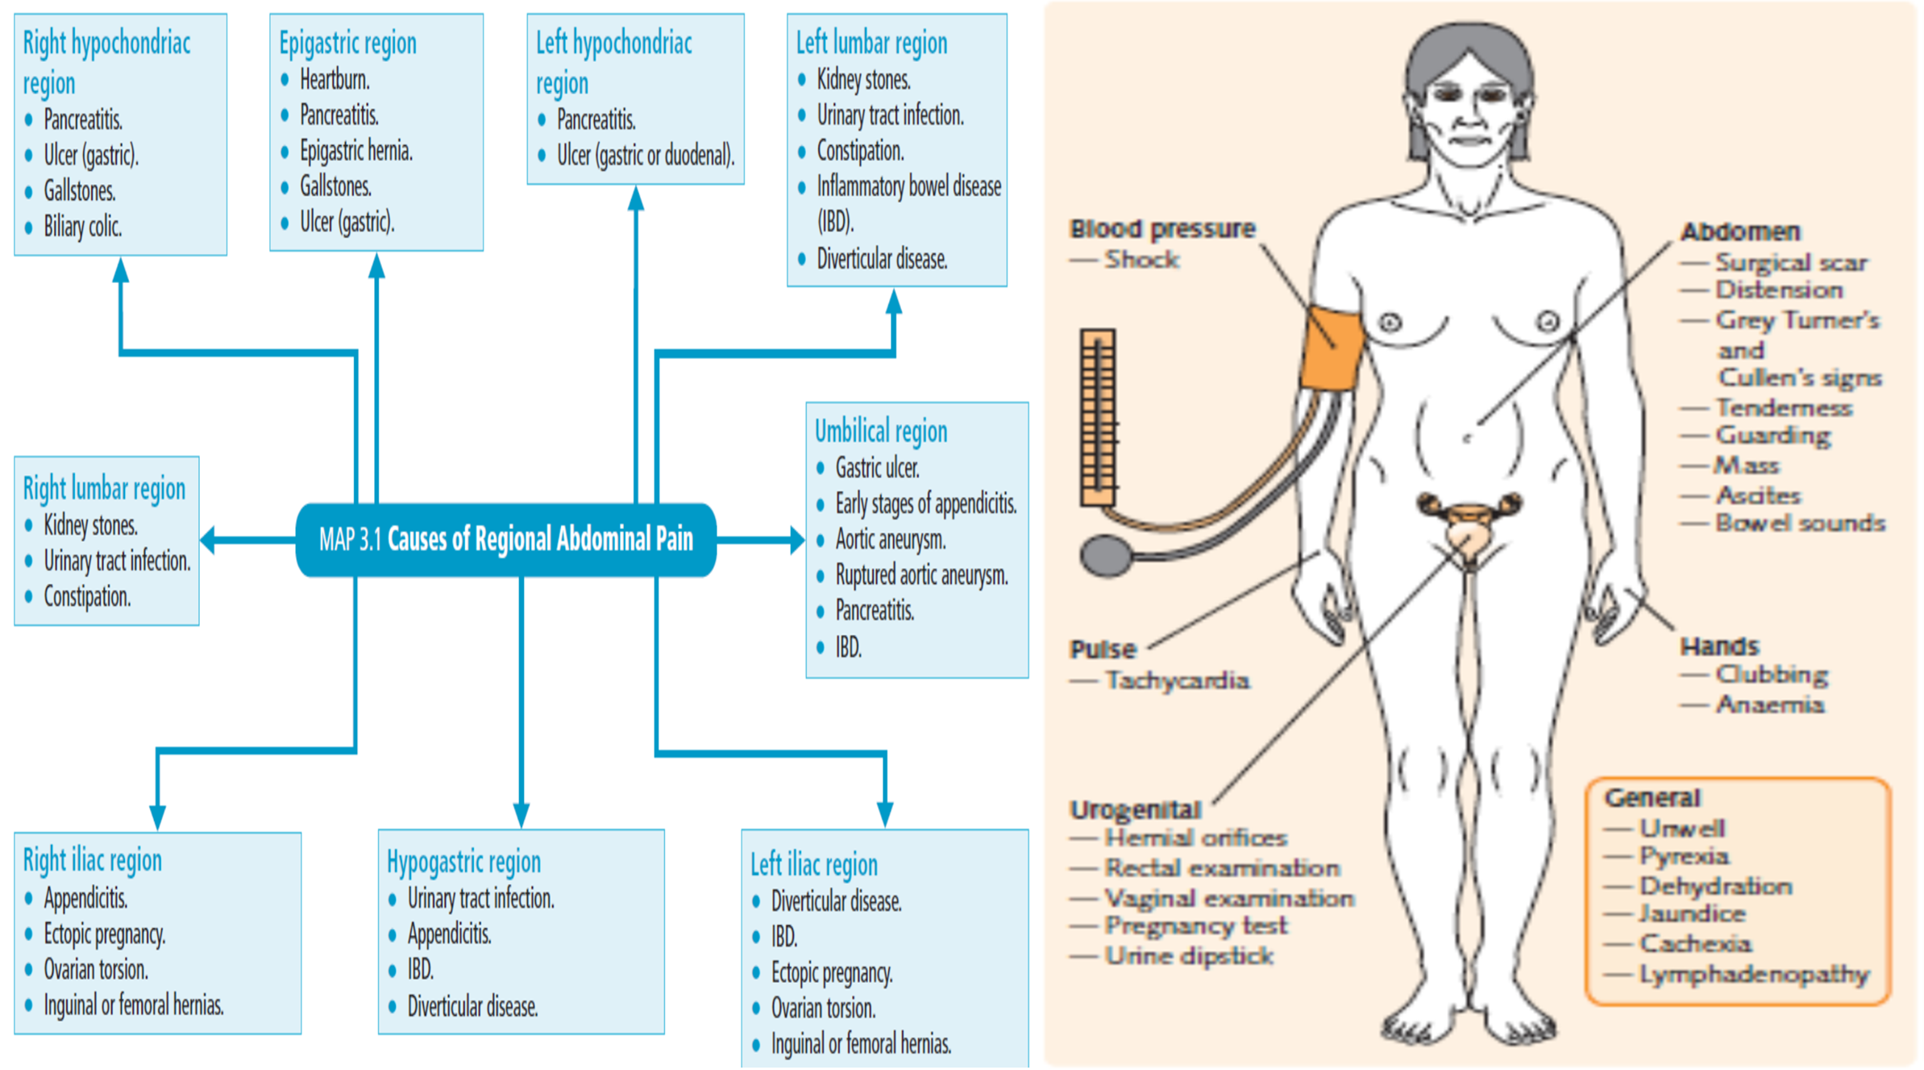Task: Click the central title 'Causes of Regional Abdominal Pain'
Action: click(539, 539)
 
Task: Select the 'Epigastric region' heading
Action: click(347, 43)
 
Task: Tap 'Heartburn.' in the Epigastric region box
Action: click(335, 80)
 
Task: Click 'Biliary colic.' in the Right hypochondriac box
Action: click(82, 227)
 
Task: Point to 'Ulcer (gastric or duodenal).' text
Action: click(645, 155)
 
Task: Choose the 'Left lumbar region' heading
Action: click(871, 43)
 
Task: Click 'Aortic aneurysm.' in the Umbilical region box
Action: click(890, 539)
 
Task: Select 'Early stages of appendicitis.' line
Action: click(925, 503)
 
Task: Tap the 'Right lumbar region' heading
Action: click(104, 489)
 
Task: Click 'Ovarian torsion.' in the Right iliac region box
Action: click(96, 969)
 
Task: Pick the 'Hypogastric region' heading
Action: click(463, 862)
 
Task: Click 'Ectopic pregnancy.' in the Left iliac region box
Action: click(831, 972)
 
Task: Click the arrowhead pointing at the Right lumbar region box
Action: click(208, 539)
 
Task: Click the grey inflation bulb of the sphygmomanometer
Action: click(1105, 556)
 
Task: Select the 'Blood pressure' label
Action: click(1161, 229)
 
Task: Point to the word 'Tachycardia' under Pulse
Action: click(1177, 681)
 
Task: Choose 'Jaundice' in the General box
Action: click(1692, 914)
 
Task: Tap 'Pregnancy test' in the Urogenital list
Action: click(1195, 926)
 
